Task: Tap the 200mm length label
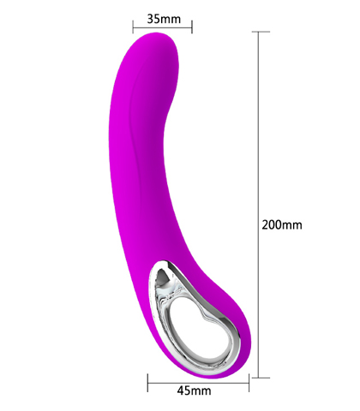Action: tap(282, 225)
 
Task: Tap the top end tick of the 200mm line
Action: tap(259, 31)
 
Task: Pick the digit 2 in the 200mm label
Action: tap(266, 225)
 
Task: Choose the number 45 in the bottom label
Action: tap(183, 391)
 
